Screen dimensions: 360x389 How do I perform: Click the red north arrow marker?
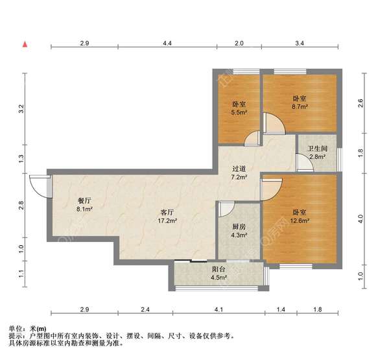pos(25,44)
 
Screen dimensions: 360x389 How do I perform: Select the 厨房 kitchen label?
pos(239,228)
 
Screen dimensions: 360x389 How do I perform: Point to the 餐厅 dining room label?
pos(84,201)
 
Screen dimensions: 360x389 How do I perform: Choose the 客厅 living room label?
pos(167,212)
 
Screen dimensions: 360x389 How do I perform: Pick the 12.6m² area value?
pos(299,221)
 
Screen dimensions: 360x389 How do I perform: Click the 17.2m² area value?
pos(167,221)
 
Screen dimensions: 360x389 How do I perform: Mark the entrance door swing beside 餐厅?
pos(43,187)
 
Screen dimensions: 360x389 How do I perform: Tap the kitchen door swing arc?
pos(227,209)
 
